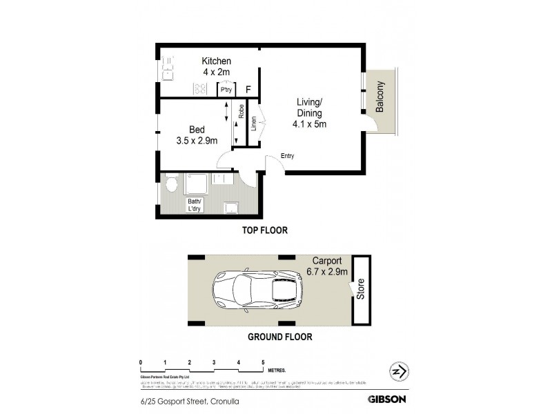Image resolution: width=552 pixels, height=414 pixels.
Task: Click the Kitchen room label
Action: pos(216,66)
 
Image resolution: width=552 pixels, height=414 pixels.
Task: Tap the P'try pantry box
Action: pos(226,90)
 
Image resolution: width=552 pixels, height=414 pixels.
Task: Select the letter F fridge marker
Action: pos(248,90)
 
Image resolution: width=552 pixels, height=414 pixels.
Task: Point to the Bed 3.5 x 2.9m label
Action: pos(197,135)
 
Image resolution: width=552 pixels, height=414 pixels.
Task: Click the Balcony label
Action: pos(380,99)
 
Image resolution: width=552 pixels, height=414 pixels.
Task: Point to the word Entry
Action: pos(287,156)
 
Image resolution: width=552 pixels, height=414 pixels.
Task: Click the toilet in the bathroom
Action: pos(172,184)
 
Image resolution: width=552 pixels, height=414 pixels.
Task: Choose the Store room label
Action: pos(359,290)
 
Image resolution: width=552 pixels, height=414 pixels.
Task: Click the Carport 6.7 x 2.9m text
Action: pos(328,267)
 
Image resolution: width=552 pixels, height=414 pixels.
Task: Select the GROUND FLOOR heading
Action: pos(280,337)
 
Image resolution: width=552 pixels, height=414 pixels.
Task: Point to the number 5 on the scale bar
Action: pos(263,362)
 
